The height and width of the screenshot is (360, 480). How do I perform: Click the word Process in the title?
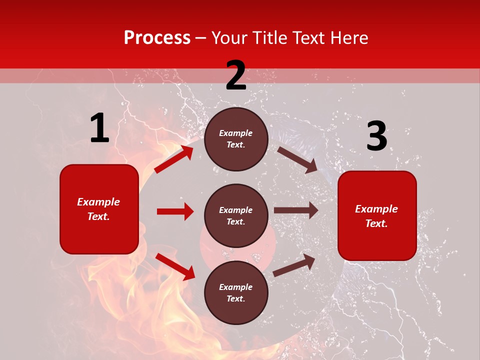pyautogui.click(x=157, y=38)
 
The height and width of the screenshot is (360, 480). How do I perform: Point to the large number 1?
pyautogui.click(x=99, y=128)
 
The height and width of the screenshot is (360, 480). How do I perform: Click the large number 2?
pyautogui.click(x=236, y=75)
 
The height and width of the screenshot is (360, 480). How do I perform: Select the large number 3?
pyautogui.click(x=376, y=136)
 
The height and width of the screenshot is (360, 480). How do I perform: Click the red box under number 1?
pyautogui.click(x=99, y=209)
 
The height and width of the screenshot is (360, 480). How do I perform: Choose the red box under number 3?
pyautogui.click(x=377, y=215)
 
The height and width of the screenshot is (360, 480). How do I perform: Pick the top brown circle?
pyautogui.click(x=236, y=139)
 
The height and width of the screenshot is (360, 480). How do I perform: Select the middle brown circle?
pyautogui.click(x=236, y=215)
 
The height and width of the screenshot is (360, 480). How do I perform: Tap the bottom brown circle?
pyautogui.click(x=236, y=292)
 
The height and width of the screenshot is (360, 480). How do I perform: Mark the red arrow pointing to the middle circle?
pyautogui.click(x=175, y=211)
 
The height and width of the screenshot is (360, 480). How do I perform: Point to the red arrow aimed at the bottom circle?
pyautogui.click(x=175, y=266)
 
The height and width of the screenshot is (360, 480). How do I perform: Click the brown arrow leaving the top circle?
pyautogui.click(x=297, y=159)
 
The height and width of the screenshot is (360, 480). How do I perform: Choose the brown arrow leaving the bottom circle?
pyautogui.click(x=294, y=265)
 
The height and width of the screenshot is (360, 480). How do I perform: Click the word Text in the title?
pyautogui.click(x=307, y=38)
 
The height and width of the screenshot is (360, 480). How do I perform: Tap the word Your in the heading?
pyautogui.click(x=229, y=38)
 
